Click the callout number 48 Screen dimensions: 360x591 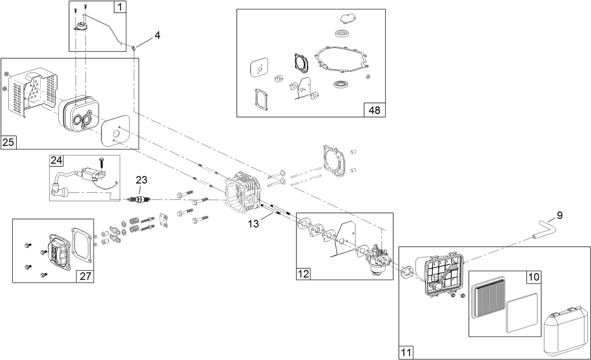tap(374, 110)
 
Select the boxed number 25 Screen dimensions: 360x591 tap(8, 142)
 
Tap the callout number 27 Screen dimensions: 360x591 tap(85, 276)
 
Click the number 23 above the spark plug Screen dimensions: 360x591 tap(141, 180)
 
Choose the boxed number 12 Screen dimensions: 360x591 tap(303, 274)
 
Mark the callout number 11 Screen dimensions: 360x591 tap(406, 352)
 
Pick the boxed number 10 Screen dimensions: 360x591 tap(534, 277)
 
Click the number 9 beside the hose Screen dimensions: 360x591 tap(559, 216)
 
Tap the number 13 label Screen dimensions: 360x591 tap(253, 224)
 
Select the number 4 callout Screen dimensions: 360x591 tap(157, 35)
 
